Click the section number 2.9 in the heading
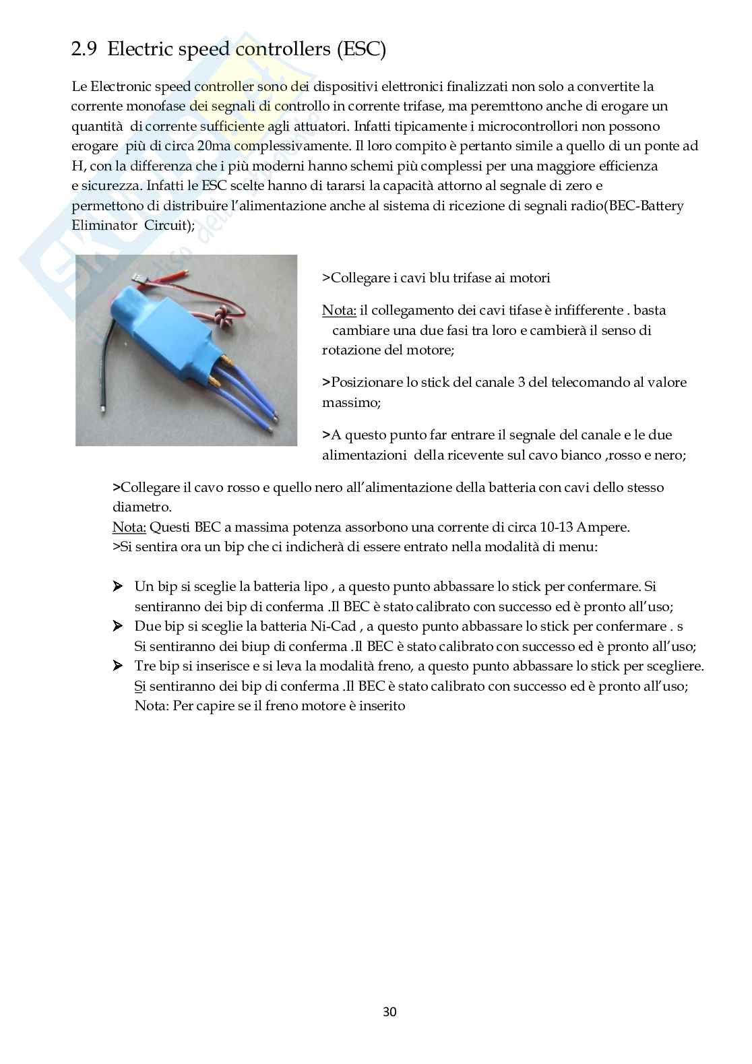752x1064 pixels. pos(84,49)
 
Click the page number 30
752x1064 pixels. pos(389,1011)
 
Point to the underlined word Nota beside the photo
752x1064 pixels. pos(338,311)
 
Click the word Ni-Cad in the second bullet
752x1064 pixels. pos(333,627)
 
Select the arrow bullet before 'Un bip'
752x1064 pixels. pos(118,587)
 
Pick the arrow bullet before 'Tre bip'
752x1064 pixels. pos(118,666)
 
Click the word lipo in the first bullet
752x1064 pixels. pos(315,587)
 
